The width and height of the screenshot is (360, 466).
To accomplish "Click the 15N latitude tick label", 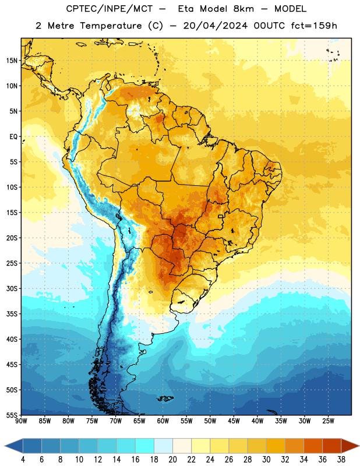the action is click(12, 61).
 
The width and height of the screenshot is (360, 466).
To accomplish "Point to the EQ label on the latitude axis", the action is click(13, 137).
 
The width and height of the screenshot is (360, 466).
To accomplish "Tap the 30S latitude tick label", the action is click(12, 288).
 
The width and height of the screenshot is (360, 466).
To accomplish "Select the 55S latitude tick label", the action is click(12, 415).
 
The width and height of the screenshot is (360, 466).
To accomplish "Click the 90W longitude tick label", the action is click(21, 421).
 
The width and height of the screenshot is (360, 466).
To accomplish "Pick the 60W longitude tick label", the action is click(163, 421).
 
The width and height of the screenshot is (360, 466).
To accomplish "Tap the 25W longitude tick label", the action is click(328, 421).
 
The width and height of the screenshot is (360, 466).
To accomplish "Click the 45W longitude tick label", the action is click(234, 421).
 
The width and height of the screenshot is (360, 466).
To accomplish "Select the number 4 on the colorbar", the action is click(23, 460).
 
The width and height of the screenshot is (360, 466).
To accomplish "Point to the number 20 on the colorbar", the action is click(172, 460).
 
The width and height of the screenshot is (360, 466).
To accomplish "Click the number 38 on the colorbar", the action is click(341, 460).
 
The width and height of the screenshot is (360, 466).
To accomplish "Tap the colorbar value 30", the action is click(266, 460).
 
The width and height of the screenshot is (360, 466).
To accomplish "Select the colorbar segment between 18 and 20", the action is click(163, 446).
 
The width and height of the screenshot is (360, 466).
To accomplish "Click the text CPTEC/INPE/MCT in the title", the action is click(109, 9).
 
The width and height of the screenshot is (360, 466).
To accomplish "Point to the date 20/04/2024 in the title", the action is click(215, 26).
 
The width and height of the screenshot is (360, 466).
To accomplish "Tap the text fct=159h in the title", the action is click(314, 26).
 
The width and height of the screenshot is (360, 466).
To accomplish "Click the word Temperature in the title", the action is click(111, 26).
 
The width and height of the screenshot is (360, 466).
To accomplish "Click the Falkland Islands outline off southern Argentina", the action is click(165, 398).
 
